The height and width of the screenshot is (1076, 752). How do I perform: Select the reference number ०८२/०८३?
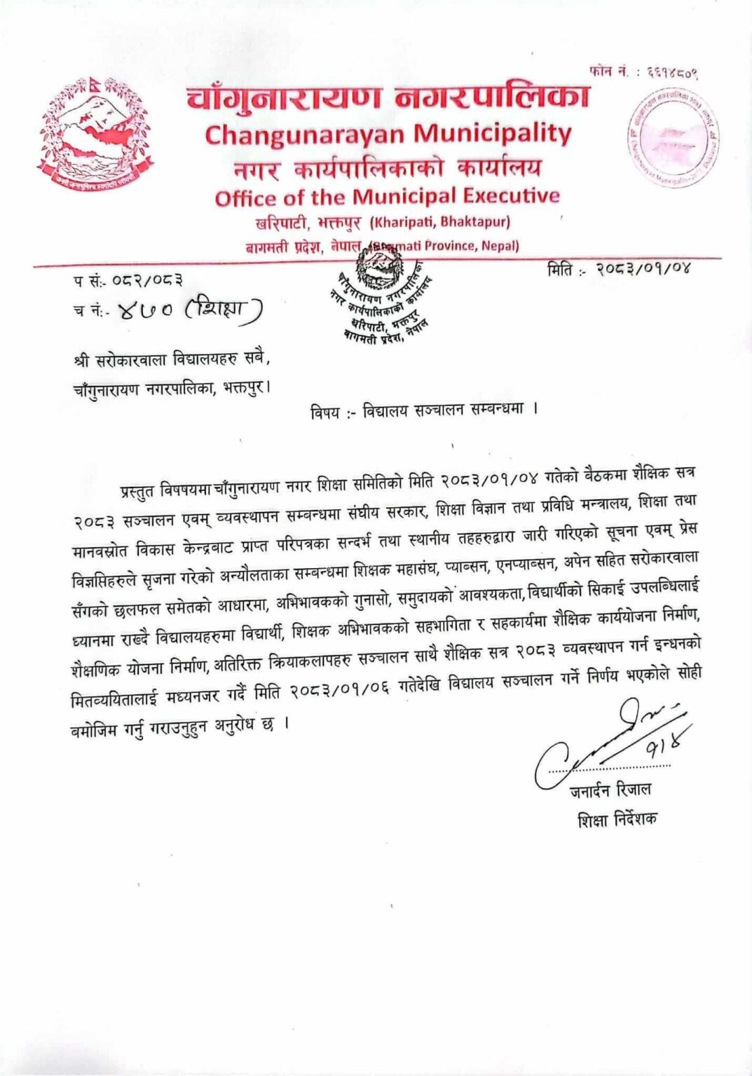(147, 281)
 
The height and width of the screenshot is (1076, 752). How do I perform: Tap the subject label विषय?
(325, 412)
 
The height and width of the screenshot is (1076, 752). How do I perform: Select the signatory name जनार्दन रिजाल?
(610, 791)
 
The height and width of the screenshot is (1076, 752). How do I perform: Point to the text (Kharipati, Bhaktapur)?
(439, 223)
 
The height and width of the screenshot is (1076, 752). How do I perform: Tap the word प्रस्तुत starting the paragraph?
(137, 490)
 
